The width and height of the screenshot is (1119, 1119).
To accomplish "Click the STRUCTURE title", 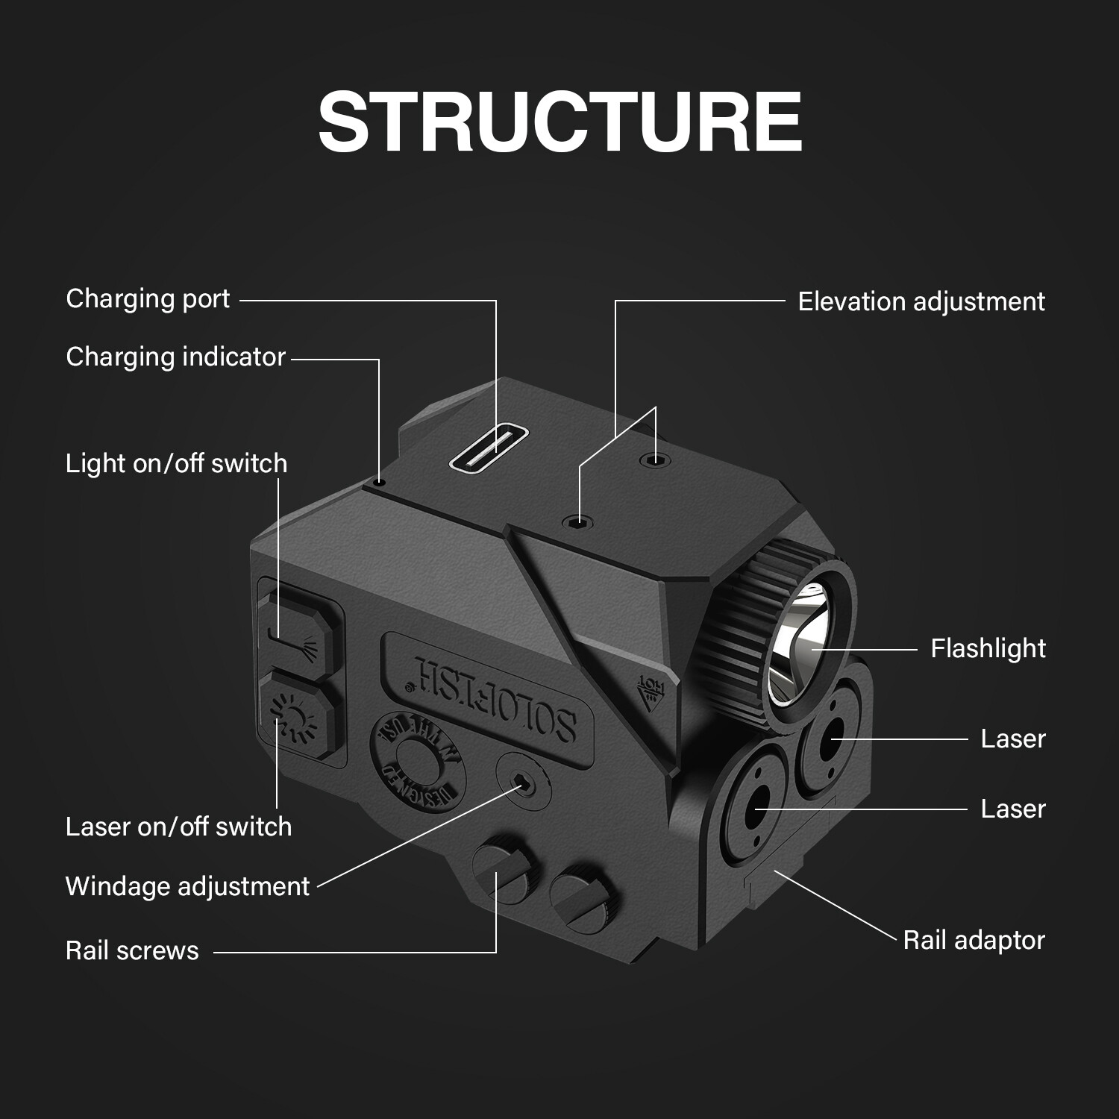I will pos(559,122).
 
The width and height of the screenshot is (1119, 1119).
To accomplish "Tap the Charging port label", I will pos(148,299).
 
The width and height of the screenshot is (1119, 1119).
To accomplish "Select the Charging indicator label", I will pos(175,357).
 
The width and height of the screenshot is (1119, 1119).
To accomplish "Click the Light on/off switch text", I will pos(176,464).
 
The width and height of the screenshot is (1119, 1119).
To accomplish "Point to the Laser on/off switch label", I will pos(178,827).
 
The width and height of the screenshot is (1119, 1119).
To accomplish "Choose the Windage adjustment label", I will pos(187,886).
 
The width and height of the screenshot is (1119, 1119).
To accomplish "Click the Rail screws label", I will pos(132,950).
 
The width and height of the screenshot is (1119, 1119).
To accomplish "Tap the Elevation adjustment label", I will pos(921,301).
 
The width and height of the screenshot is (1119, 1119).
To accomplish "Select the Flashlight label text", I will pos(988,648).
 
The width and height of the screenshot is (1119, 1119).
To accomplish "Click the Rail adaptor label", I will pos(974,940).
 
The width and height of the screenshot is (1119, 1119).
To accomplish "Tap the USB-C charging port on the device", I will pos(489,450).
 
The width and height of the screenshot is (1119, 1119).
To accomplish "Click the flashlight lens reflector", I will pos(802,642).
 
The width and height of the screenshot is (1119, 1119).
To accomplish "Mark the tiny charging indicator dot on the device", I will pos(380,483).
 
